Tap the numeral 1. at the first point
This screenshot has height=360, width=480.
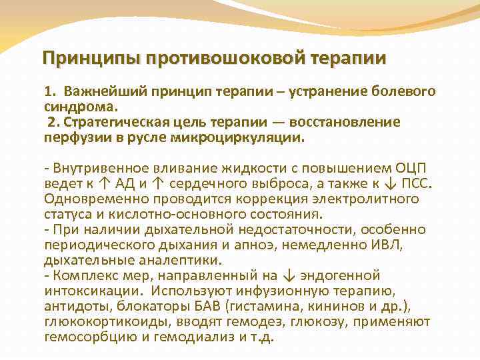pyautogui.click(x=51, y=90)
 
